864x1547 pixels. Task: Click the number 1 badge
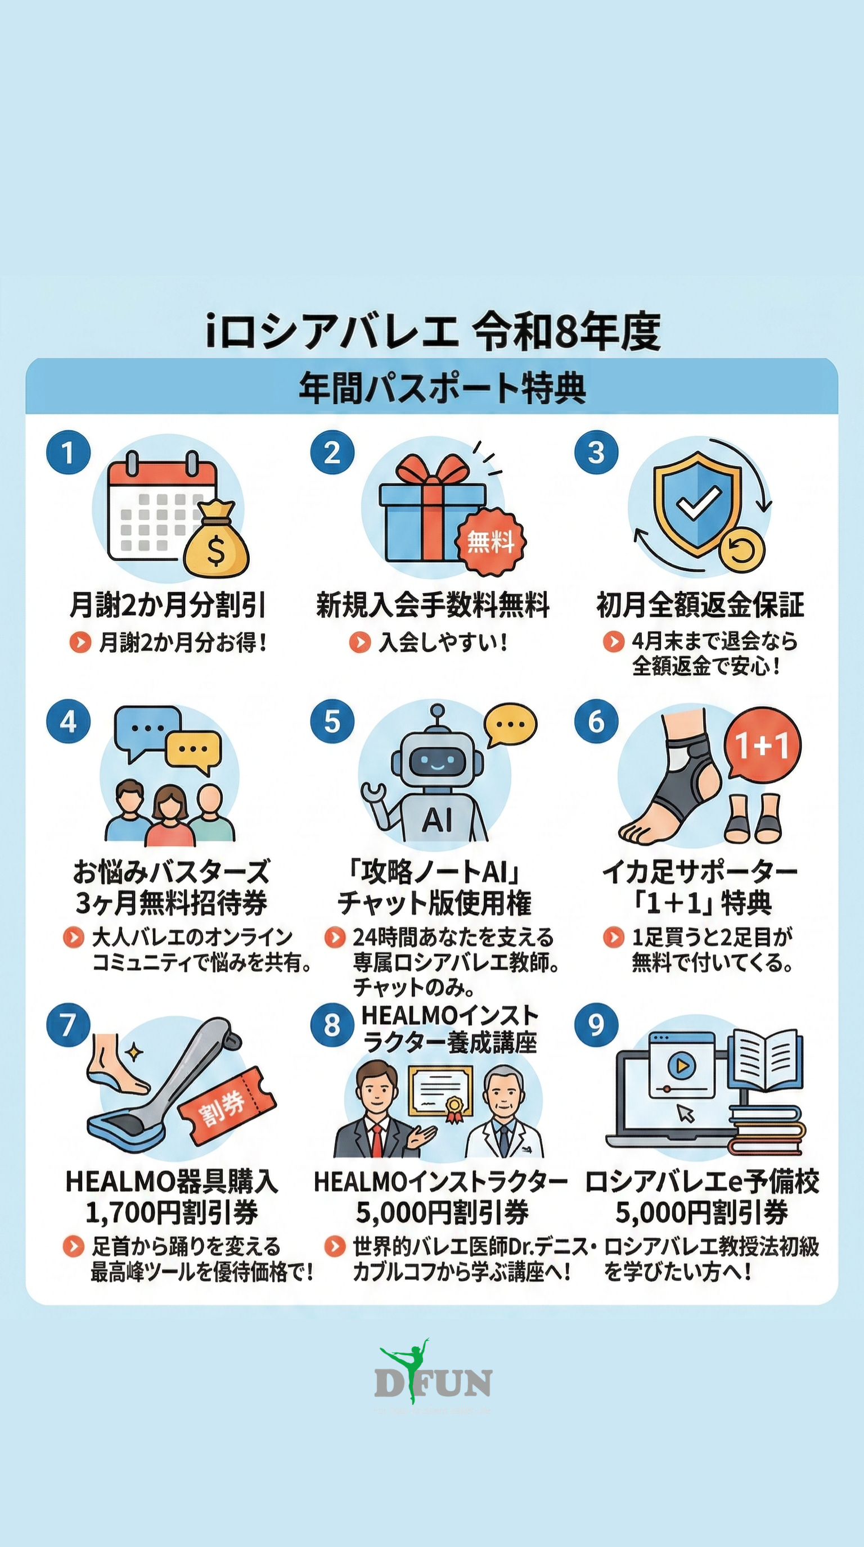click(68, 452)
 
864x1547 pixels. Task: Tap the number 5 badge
click(332, 721)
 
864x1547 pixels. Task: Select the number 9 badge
click(596, 1025)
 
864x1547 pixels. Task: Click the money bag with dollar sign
click(215, 540)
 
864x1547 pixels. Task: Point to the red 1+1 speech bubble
click(762, 747)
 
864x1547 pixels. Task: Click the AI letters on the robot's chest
click(437, 820)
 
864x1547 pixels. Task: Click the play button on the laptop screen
click(681, 1066)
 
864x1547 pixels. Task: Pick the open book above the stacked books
click(766, 1060)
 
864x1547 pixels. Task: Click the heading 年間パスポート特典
click(442, 388)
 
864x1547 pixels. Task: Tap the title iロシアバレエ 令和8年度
click(433, 331)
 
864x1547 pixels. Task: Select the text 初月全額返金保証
click(700, 605)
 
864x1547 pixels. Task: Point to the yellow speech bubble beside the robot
click(511, 726)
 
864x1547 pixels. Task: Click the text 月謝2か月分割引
click(168, 605)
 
